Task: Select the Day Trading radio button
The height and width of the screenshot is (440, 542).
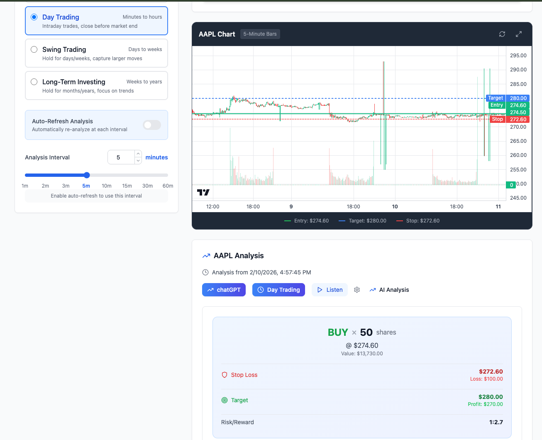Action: pos(34,17)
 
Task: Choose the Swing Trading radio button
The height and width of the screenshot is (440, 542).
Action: pos(34,49)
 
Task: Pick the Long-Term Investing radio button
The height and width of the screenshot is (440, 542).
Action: pos(34,82)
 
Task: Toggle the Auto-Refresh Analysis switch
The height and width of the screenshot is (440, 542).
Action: pos(152,125)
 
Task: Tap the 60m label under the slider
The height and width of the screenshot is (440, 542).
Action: pos(168,186)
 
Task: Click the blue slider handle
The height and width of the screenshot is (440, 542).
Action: pos(87,175)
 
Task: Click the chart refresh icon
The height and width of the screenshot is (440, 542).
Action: pos(502,34)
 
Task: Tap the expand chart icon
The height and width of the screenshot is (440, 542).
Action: pos(519,34)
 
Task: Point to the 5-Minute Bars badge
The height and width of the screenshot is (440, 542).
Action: pos(260,34)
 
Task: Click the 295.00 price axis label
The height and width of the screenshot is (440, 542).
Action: pos(518,56)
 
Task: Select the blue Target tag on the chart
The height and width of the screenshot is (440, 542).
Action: pos(496,98)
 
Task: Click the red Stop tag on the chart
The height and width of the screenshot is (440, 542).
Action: pos(497,120)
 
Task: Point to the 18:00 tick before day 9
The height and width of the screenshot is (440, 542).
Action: pos(253,207)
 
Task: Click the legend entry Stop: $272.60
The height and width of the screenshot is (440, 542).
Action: pos(418,221)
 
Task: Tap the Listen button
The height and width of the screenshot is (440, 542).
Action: pos(330,290)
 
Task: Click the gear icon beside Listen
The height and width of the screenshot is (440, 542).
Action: pos(357,290)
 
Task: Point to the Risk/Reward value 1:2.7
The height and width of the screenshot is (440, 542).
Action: pos(496,422)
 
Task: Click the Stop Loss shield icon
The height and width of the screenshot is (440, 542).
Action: pos(225,375)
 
